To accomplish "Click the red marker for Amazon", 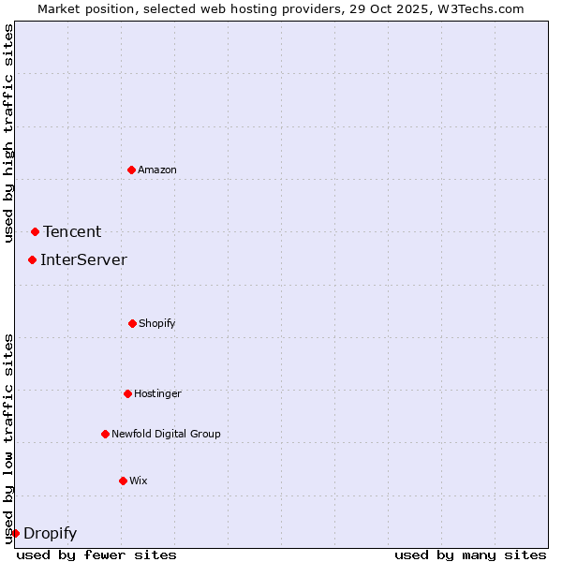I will coord(131,170).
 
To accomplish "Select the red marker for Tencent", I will coord(35,231).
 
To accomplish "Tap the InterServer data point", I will coord(32,259).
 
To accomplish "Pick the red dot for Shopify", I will coord(132,323).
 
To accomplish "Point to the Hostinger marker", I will coord(127,393).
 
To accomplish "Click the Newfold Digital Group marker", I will coord(105,434).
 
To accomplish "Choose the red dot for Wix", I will coord(123,481).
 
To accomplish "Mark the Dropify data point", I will coord(15,533).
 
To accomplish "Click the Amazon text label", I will coord(157,170).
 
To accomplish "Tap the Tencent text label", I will coord(72,232).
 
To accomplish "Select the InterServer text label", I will coord(83,260).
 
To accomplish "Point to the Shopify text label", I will coord(157,324).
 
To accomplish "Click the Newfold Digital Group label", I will coord(166,435).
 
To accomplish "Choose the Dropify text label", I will coord(50,534).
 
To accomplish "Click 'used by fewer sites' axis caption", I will coord(96,555).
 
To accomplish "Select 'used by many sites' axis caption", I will coord(470,555).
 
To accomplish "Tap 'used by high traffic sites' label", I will coord(8,133).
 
